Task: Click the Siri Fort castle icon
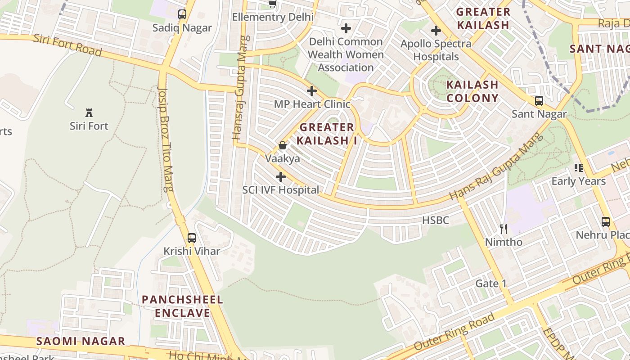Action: (89, 112)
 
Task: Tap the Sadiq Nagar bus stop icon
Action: (182, 14)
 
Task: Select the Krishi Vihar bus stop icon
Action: (192, 238)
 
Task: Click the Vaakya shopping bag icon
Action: (283, 145)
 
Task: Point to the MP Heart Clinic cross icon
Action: (312, 91)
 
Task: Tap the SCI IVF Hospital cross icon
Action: (281, 177)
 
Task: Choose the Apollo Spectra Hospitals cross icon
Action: (436, 31)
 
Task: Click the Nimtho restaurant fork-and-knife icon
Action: (504, 229)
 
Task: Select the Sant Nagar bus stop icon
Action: (539, 101)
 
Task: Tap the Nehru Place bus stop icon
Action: (606, 222)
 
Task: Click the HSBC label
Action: (436, 220)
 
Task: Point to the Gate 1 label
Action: (491, 283)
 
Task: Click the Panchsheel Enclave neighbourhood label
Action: (182, 306)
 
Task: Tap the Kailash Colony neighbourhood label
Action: (472, 91)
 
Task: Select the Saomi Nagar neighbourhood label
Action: (81, 341)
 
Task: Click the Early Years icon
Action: (579, 168)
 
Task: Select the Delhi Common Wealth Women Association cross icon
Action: (346, 28)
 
